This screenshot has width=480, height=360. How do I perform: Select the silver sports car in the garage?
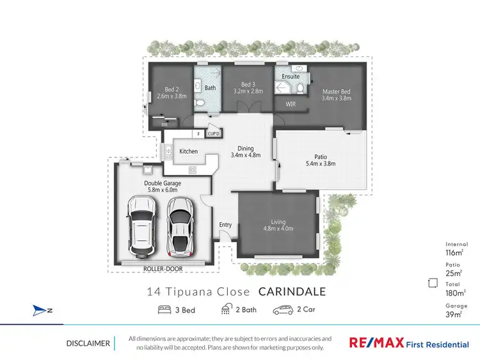click(x=179, y=225)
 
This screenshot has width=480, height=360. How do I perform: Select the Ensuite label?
click(x=291, y=77)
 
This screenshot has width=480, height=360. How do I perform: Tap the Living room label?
click(x=278, y=222)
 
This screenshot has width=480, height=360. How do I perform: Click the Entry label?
click(x=225, y=225)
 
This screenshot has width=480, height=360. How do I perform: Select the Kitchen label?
click(x=188, y=151)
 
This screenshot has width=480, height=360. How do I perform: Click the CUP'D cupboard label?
click(x=214, y=133)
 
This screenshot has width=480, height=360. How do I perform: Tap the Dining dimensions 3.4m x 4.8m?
click(x=246, y=154)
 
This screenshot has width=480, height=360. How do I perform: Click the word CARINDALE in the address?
click(x=292, y=291)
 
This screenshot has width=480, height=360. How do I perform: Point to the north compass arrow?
click(x=42, y=311)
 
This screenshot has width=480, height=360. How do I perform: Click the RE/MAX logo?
click(x=376, y=343)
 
